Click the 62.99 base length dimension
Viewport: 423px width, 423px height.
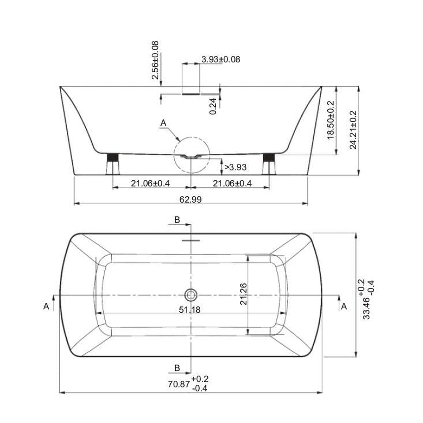point(190,199)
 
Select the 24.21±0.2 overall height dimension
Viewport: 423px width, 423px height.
point(353,130)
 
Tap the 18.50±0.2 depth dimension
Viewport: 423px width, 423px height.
point(330,120)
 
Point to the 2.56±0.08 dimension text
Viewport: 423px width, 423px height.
point(155,60)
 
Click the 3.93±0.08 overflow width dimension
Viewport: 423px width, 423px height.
point(221,59)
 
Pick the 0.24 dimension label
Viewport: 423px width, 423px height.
point(213,106)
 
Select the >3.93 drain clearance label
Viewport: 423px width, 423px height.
point(235,167)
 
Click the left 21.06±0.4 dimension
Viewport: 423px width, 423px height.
point(150,184)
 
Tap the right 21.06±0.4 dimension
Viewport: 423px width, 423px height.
point(232,184)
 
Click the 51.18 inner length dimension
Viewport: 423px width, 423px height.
point(190,309)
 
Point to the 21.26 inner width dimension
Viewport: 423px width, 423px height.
point(243,294)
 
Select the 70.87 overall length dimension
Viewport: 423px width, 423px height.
point(179,384)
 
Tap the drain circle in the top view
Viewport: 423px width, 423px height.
point(191,295)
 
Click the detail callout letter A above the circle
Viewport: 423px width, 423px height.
point(163,123)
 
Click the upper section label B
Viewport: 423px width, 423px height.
point(177,220)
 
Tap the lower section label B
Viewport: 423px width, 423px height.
point(177,368)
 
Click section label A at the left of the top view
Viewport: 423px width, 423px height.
point(46,306)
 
